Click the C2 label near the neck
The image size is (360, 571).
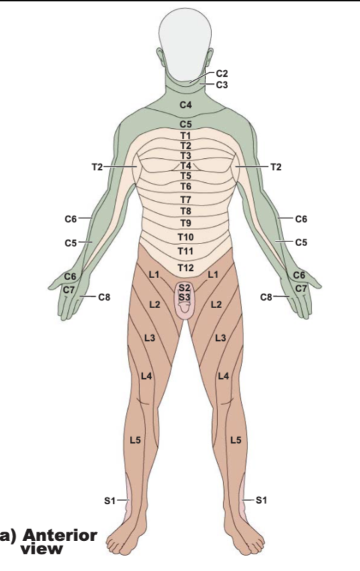point(222,73)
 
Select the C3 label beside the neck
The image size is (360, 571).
point(222,85)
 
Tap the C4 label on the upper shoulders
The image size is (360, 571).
point(185,105)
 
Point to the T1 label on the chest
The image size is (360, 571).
point(185,136)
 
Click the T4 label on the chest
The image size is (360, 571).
point(185,165)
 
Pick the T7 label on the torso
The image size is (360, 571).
point(185,199)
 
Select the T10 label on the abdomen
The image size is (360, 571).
point(185,237)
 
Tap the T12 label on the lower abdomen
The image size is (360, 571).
point(185,268)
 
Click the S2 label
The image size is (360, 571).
point(185,289)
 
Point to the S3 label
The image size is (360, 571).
point(185,297)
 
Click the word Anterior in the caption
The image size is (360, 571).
point(60,536)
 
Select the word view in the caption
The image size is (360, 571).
point(41,549)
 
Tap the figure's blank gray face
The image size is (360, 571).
point(185,44)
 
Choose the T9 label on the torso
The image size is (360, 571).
point(185,223)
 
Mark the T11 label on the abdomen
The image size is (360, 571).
point(185,251)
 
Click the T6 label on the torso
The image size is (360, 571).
point(185,187)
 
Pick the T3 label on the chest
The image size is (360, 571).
point(185,156)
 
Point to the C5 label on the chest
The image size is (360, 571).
point(185,124)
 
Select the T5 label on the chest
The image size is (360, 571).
point(185,176)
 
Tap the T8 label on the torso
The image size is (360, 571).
point(185,211)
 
